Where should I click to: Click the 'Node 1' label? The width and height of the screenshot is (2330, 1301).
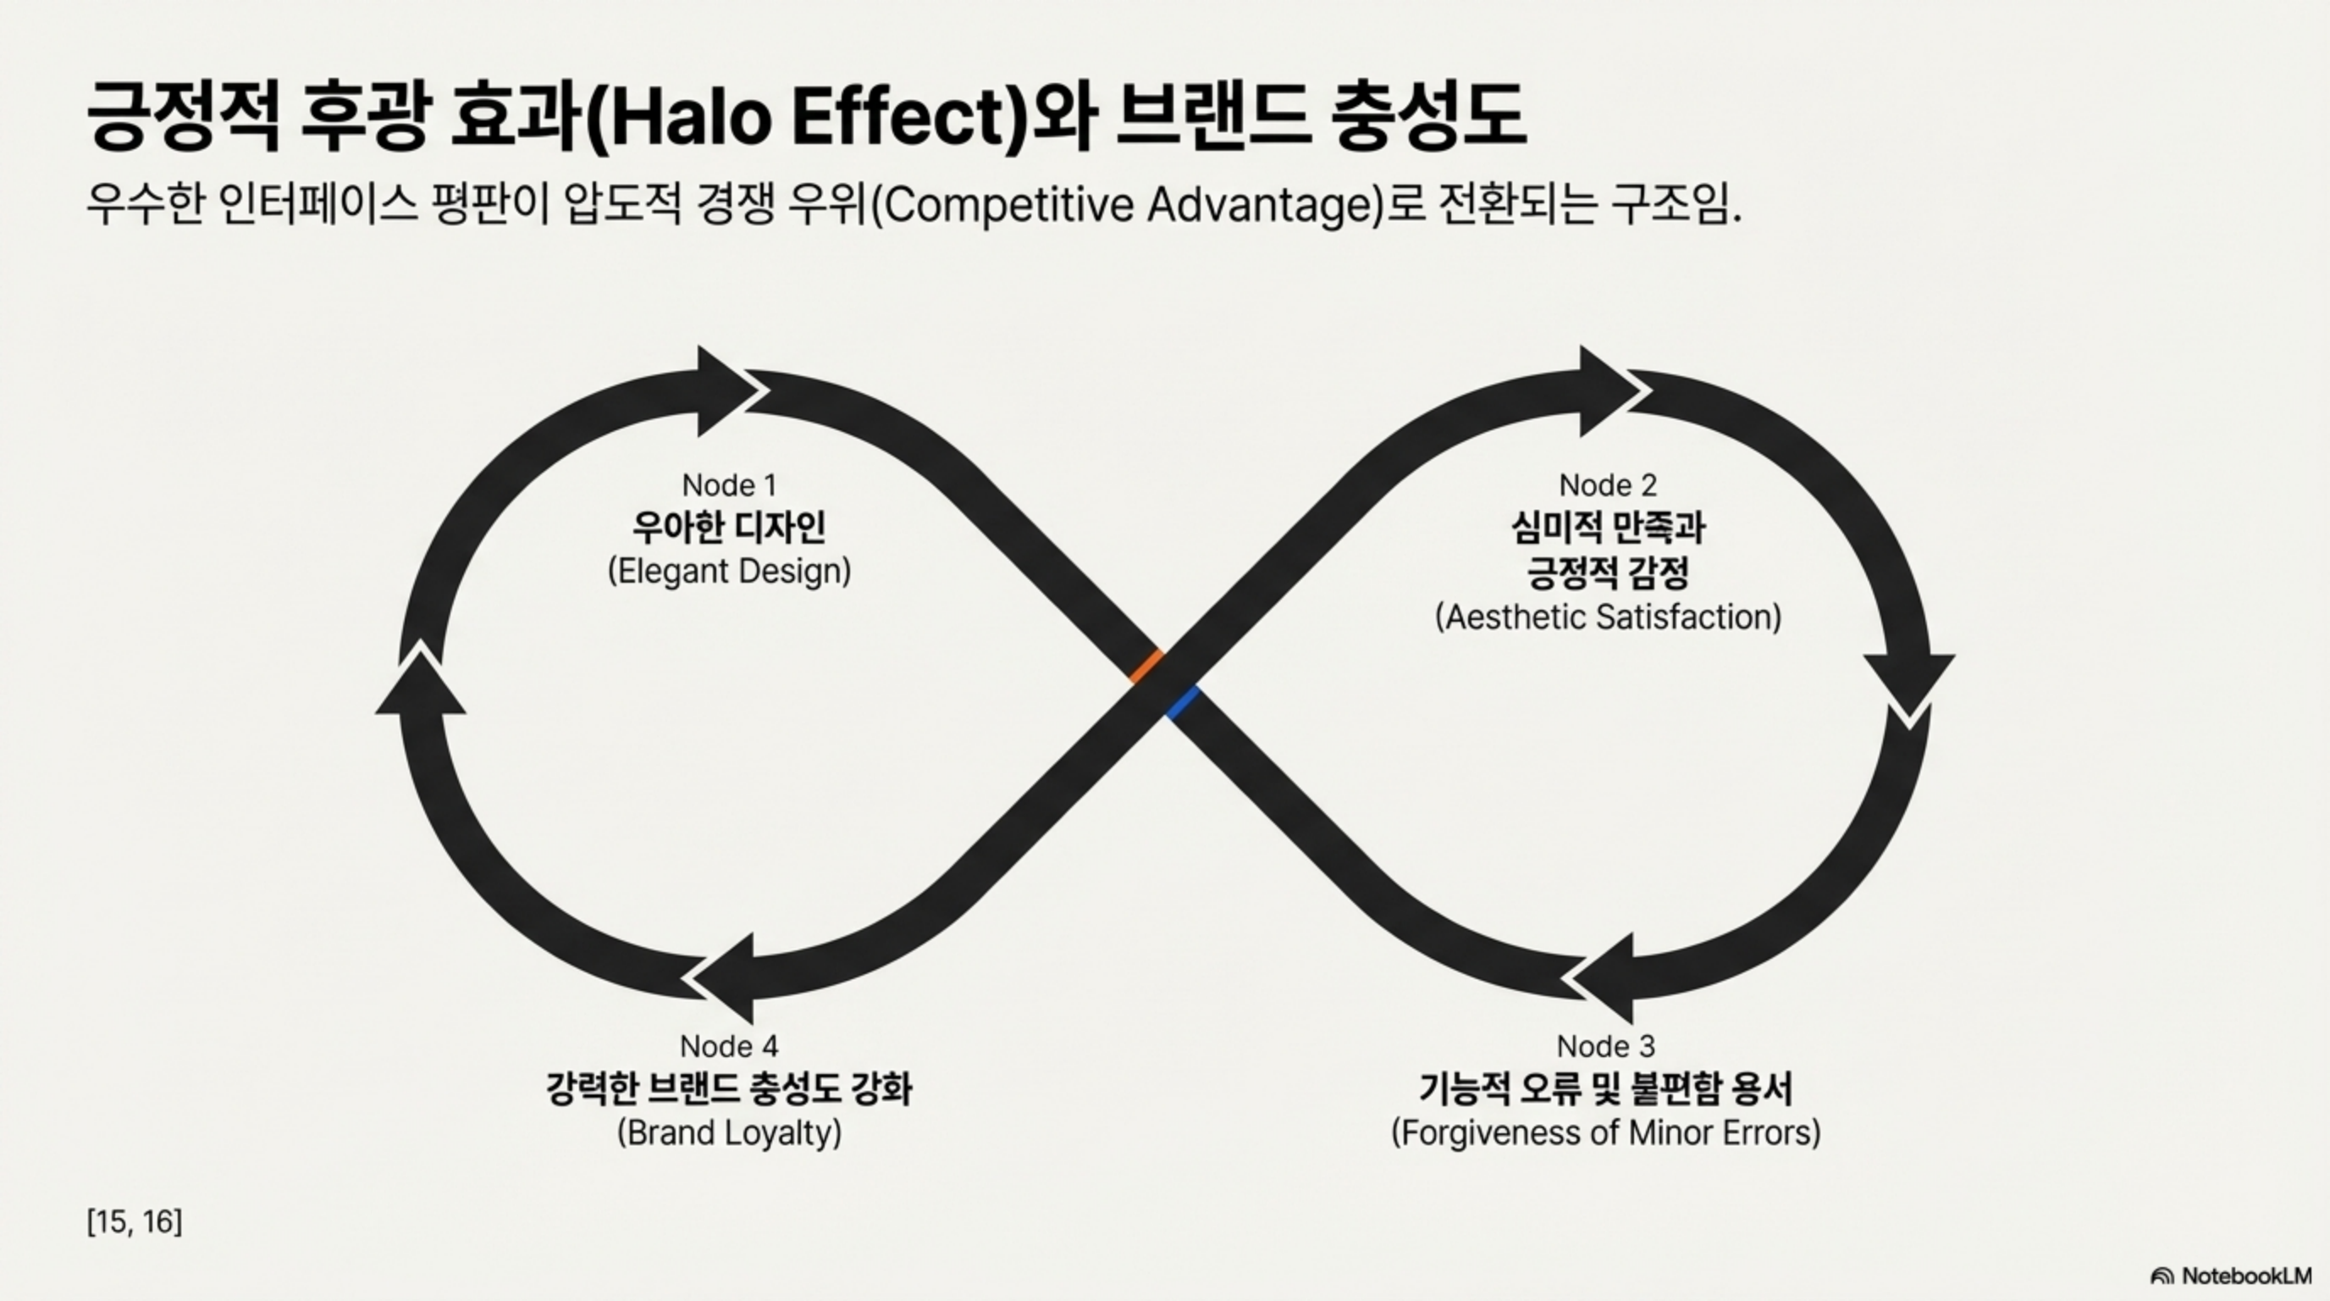coord(729,486)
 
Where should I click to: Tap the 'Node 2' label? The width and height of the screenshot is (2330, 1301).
coord(1607,486)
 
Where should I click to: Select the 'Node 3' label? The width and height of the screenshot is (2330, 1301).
coord(1605,1047)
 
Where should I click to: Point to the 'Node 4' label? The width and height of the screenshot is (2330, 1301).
coord(729,1047)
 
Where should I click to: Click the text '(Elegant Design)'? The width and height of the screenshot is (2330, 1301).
coord(729,572)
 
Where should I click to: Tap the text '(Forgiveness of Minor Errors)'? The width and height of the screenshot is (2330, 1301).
coord(1605,1132)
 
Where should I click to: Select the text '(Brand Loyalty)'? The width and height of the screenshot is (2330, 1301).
coord(729,1132)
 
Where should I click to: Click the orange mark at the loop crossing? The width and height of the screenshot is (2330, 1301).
coord(1146,666)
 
